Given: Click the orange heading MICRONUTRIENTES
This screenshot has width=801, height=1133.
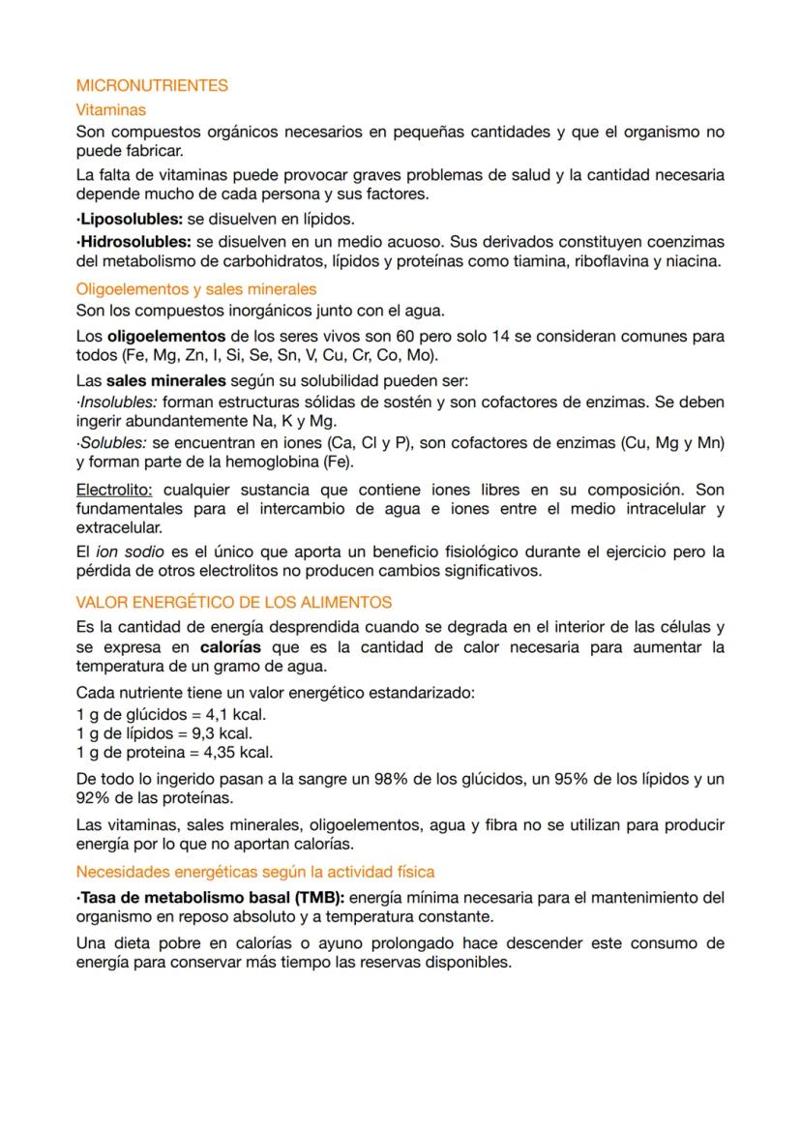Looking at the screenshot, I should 152,85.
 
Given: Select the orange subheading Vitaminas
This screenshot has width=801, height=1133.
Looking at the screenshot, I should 110,110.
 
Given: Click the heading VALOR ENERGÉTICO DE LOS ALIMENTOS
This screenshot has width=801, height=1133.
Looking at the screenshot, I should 234,602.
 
